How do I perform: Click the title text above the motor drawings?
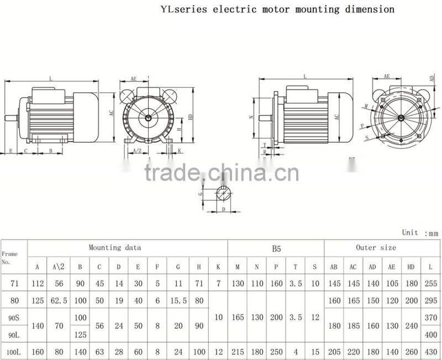click(277, 9)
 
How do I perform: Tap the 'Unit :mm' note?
click(419, 233)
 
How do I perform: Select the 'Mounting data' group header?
click(115, 247)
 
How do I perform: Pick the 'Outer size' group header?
click(376, 248)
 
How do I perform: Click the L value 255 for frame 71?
click(430, 284)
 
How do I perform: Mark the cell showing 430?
click(430, 352)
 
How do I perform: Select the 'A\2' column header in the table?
click(58, 267)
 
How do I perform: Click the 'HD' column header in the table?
click(411, 267)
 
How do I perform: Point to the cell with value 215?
click(237, 352)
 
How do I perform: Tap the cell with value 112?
click(38, 284)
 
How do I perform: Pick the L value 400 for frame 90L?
click(430, 335)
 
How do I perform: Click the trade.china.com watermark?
click(221, 172)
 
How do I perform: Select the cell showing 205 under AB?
click(334, 352)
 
